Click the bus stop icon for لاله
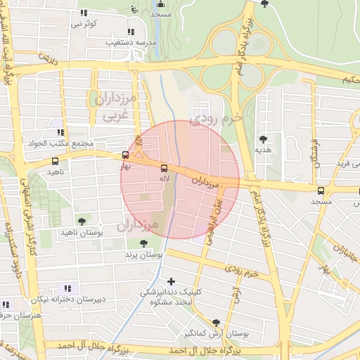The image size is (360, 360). pyautogui.click(x=164, y=168)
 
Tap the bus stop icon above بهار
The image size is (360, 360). pyautogui.click(x=125, y=155)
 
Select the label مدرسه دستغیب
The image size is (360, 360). pyautogui.click(x=130, y=42)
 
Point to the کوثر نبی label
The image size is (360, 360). pyautogui.click(x=84, y=24)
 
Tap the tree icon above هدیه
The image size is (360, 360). pyautogui.click(x=264, y=139)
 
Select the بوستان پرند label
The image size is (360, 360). pyautogui.click(x=143, y=254)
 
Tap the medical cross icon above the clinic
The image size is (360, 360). pyautogui.click(x=171, y=281)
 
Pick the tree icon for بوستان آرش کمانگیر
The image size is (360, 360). pyautogui.click(x=216, y=322)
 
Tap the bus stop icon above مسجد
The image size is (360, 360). pyautogui.click(x=321, y=190)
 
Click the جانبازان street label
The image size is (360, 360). pyautogui.click(x=345, y=250)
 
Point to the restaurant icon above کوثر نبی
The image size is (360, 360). pyautogui.click(x=84, y=13)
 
